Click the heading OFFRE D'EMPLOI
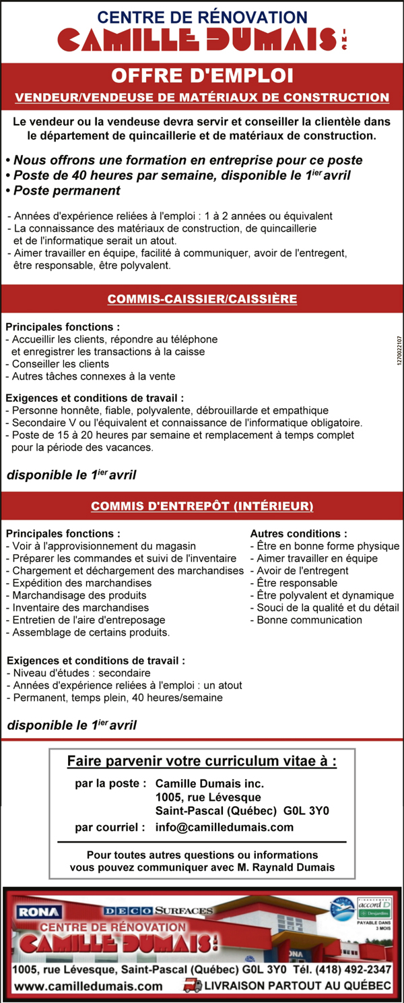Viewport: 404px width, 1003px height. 202,75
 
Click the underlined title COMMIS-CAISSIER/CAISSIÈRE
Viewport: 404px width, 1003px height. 202,299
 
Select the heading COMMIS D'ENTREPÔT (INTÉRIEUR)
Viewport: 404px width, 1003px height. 202,506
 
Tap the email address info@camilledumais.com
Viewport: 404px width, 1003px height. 224,827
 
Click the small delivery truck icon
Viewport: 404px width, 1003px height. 193,985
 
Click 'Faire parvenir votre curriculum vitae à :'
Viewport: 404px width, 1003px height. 202,762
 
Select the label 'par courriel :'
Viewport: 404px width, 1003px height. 110,827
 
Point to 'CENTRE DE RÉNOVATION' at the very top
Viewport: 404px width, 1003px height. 202,16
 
